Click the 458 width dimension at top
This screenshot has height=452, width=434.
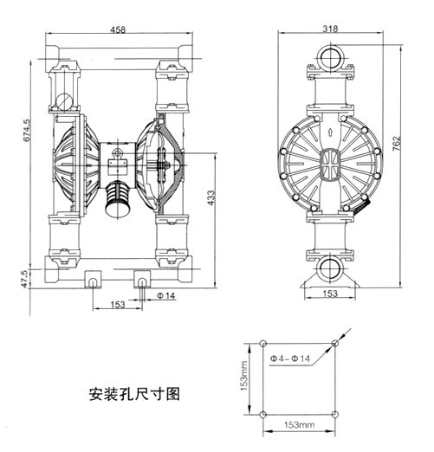[119, 29]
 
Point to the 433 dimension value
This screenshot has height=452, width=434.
[211, 199]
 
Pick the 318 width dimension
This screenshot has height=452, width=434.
[329, 28]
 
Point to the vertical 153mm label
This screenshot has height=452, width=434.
[246, 378]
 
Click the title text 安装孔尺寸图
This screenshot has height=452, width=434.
[134, 392]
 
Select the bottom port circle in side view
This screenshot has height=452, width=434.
[329, 266]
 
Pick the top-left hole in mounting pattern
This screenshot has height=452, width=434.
[262, 344]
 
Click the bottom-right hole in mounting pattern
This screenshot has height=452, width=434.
[334, 415]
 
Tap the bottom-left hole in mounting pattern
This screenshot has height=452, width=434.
[262, 415]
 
